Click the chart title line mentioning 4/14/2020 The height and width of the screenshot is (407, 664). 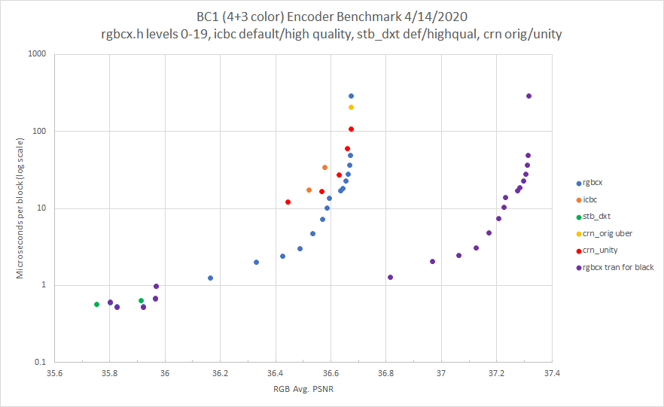(331, 17)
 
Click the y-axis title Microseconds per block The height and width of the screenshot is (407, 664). (20, 207)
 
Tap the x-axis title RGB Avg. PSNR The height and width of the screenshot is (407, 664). (303, 389)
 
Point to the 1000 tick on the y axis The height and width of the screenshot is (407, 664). (37, 54)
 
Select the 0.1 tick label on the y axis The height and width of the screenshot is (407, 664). (40, 362)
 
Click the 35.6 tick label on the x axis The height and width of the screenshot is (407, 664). (54, 372)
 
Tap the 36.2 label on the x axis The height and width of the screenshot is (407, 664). (220, 372)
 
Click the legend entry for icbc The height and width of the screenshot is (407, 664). (589, 199)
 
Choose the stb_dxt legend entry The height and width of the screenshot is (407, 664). (596, 217)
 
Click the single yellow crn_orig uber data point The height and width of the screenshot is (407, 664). (351, 108)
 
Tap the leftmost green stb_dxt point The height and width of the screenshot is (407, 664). (97, 304)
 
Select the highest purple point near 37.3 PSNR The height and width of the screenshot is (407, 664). (528, 96)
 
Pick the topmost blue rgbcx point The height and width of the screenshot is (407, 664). (351, 96)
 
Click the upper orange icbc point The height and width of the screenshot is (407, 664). (324, 167)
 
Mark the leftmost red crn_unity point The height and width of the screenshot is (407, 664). (288, 202)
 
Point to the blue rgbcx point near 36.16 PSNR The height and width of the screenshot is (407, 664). (210, 278)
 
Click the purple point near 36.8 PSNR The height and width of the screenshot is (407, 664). (390, 277)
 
